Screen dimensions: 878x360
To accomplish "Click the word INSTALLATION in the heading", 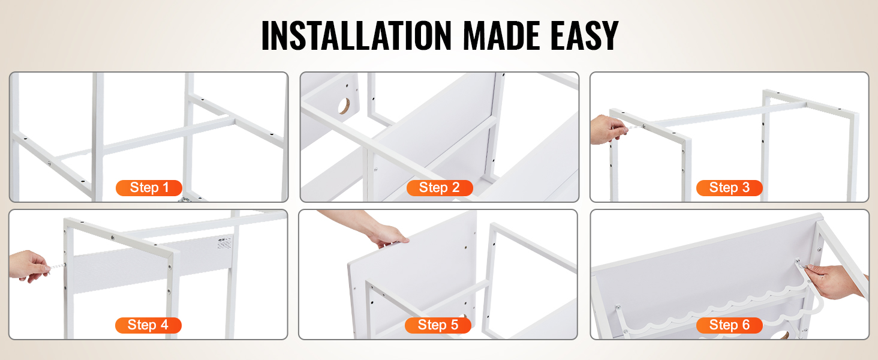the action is tap(356, 35).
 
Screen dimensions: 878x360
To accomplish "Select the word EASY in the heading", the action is tap(584, 35).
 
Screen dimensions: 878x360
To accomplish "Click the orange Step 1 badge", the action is tap(149, 188).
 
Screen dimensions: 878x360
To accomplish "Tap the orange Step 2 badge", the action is tap(440, 188).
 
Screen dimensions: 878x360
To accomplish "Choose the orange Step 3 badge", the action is tap(729, 188).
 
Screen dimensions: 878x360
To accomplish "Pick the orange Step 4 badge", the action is tap(148, 325).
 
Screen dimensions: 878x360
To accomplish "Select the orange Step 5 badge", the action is tap(438, 325).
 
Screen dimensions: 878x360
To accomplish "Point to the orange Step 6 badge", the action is tap(729, 325).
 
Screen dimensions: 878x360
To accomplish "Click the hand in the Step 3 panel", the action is tap(607, 130).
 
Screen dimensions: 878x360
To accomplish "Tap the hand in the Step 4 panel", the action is tap(29, 266).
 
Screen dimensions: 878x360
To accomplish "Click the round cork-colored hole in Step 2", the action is tap(344, 106).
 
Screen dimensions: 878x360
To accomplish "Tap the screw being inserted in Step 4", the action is tap(56, 266).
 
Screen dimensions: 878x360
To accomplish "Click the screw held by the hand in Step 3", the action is tap(636, 127).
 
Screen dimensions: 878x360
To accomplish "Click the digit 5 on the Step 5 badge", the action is tap(454, 325).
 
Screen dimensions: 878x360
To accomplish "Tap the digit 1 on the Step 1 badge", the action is tap(166, 188).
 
